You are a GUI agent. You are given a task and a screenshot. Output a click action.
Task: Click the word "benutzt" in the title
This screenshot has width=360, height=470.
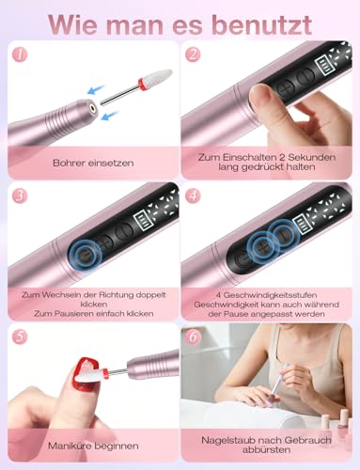click(262, 24)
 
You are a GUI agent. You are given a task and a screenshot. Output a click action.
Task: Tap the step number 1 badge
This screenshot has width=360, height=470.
click(20, 55)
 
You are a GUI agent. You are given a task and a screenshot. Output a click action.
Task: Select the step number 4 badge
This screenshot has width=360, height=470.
click(193, 196)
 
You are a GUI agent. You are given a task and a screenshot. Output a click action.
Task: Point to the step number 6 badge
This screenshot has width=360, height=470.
click(193, 337)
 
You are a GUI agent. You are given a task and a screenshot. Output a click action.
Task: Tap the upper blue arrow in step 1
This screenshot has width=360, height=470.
click(95, 89)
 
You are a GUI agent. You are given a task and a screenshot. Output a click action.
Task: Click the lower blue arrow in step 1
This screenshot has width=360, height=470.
click(111, 116)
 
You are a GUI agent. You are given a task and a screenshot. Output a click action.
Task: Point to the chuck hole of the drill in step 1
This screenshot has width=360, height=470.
click(92, 108)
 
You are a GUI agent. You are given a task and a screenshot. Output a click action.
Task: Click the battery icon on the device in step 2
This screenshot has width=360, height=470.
click(324, 66)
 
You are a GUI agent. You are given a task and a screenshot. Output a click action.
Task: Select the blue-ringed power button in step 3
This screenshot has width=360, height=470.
click(85, 256)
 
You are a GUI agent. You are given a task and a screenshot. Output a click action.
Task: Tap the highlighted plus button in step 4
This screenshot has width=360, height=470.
click(262, 247)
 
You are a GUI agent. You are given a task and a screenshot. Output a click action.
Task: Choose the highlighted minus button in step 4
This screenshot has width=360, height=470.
click(283, 235)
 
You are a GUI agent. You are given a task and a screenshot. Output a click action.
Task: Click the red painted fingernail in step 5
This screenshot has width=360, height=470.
click(87, 375)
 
